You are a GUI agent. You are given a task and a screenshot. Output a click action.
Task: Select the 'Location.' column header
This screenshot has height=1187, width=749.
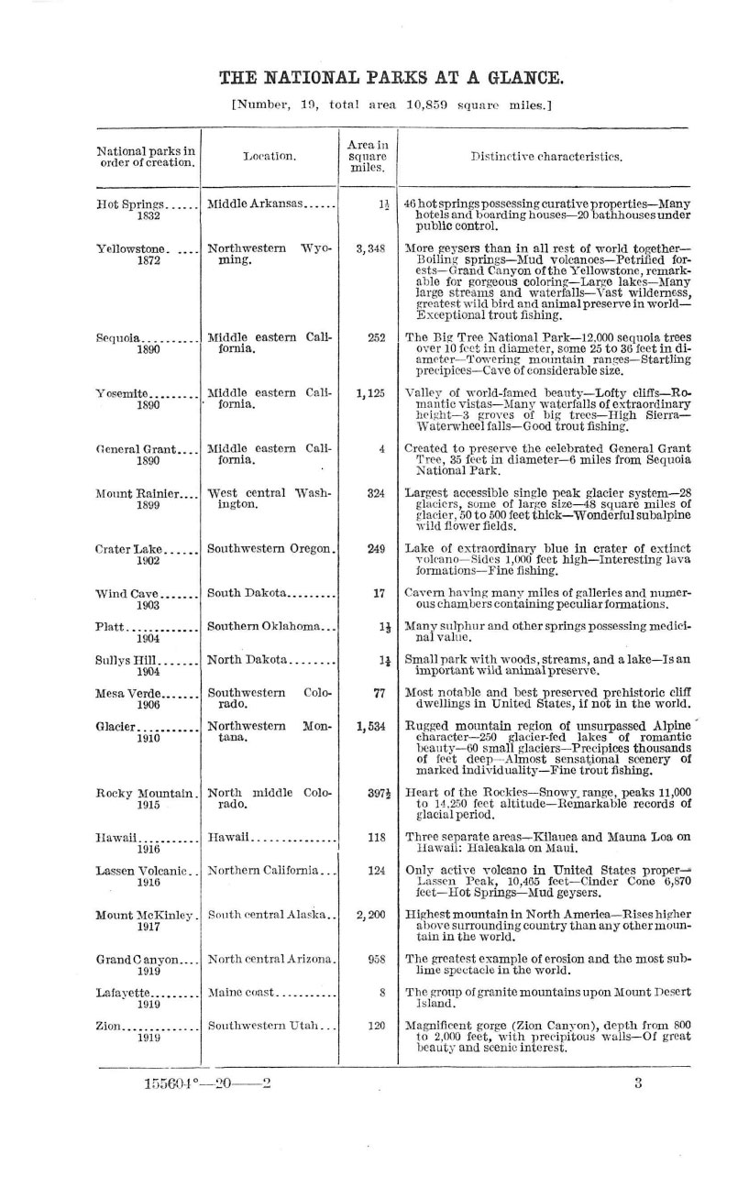pyautogui.click(x=270, y=157)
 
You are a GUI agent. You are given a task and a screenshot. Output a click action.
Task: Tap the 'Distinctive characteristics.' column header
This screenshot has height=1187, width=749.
pyautogui.click(x=546, y=157)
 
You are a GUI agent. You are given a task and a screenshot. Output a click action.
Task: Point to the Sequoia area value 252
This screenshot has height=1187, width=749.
pyautogui.click(x=376, y=337)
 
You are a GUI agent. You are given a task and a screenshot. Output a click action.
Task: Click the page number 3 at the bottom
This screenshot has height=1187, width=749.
pyautogui.click(x=638, y=1083)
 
